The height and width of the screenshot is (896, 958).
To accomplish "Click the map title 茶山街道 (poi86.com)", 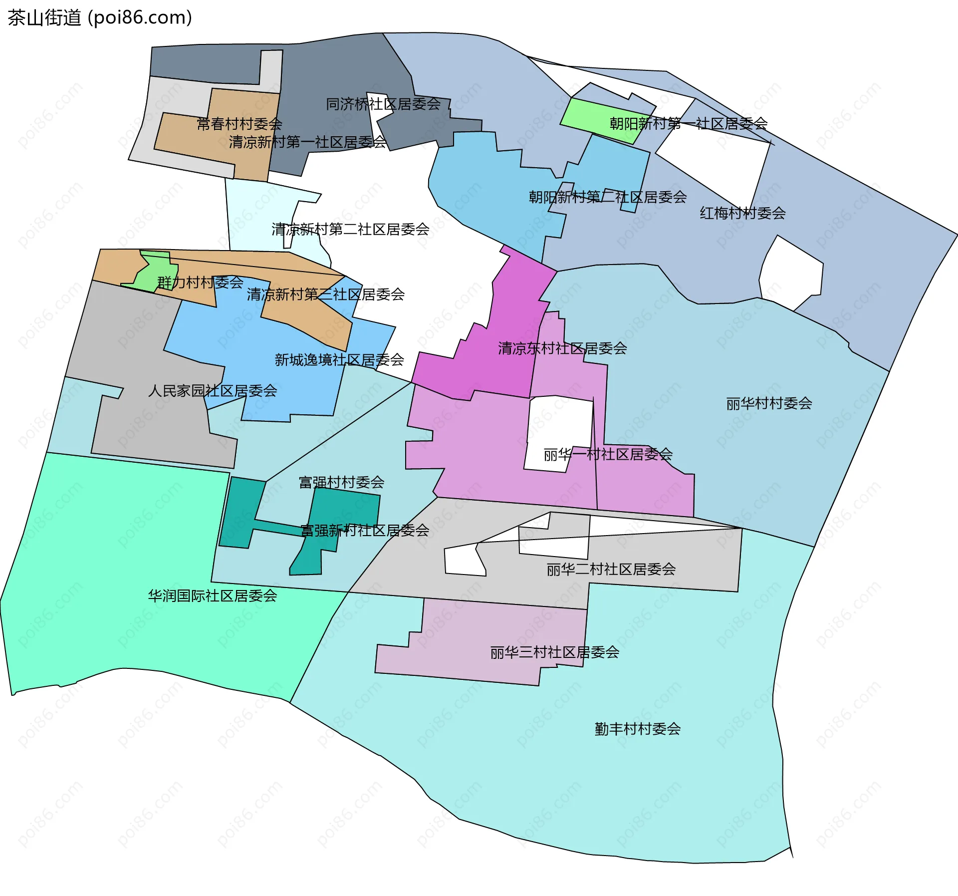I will pyautogui.click(x=100, y=18).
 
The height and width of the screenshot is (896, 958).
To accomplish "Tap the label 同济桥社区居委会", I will pyautogui.click(x=383, y=104).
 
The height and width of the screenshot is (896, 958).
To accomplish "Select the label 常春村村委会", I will pyautogui.click(x=239, y=124).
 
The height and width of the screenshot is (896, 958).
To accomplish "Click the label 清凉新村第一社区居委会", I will pyautogui.click(x=307, y=142).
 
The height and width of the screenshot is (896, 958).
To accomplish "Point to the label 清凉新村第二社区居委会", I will pyautogui.click(x=350, y=230).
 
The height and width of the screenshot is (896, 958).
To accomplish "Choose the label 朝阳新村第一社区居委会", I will pyautogui.click(x=689, y=124).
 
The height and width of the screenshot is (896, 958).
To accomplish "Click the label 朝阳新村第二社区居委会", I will pyautogui.click(x=608, y=197).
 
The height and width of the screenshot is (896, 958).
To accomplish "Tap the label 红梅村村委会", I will pyautogui.click(x=742, y=214).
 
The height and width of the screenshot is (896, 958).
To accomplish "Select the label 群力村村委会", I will pyautogui.click(x=200, y=283).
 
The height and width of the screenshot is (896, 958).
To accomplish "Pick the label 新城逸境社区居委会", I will pyautogui.click(x=339, y=360).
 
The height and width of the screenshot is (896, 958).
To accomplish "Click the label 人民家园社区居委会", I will pyautogui.click(x=213, y=391).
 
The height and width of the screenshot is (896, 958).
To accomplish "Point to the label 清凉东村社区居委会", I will pyautogui.click(x=562, y=348).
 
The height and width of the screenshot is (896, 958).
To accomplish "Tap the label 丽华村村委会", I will pyautogui.click(x=769, y=403).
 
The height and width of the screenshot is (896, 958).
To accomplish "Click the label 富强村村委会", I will pyautogui.click(x=341, y=482).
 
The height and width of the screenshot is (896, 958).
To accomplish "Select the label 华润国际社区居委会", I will pyautogui.click(x=213, y=596).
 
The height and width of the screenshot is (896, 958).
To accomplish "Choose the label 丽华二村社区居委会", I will pyautogui.click(x=611, y=570).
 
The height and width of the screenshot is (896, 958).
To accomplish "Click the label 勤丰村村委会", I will pyautogui.click(x=638, y=729).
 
